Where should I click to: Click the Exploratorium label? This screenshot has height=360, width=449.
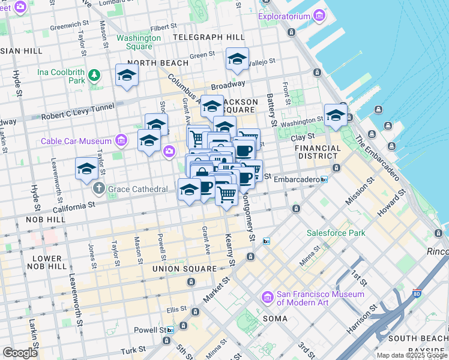coord(284,16)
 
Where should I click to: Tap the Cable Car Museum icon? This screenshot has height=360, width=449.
coord(122,141)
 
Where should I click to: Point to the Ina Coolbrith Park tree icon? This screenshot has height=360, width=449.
coord(94,76)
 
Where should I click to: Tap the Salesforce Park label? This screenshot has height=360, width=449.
coord(336,233)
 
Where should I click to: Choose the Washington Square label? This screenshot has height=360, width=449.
coord(139,42)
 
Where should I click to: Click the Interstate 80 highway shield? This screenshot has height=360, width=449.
coord(417,294)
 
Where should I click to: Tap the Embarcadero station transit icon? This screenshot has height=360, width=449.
coord(324,179)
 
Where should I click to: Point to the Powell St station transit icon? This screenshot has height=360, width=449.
coord(170,330)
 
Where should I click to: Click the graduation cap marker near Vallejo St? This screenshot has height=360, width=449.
coord(238,59)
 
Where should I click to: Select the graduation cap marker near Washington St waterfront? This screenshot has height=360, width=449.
coord(336,116)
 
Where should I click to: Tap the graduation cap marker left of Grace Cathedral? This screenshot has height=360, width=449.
coord(87,169)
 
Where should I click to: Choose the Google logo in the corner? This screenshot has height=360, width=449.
coord(20,353)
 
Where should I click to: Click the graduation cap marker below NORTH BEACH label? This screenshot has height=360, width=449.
coord(127,76)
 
